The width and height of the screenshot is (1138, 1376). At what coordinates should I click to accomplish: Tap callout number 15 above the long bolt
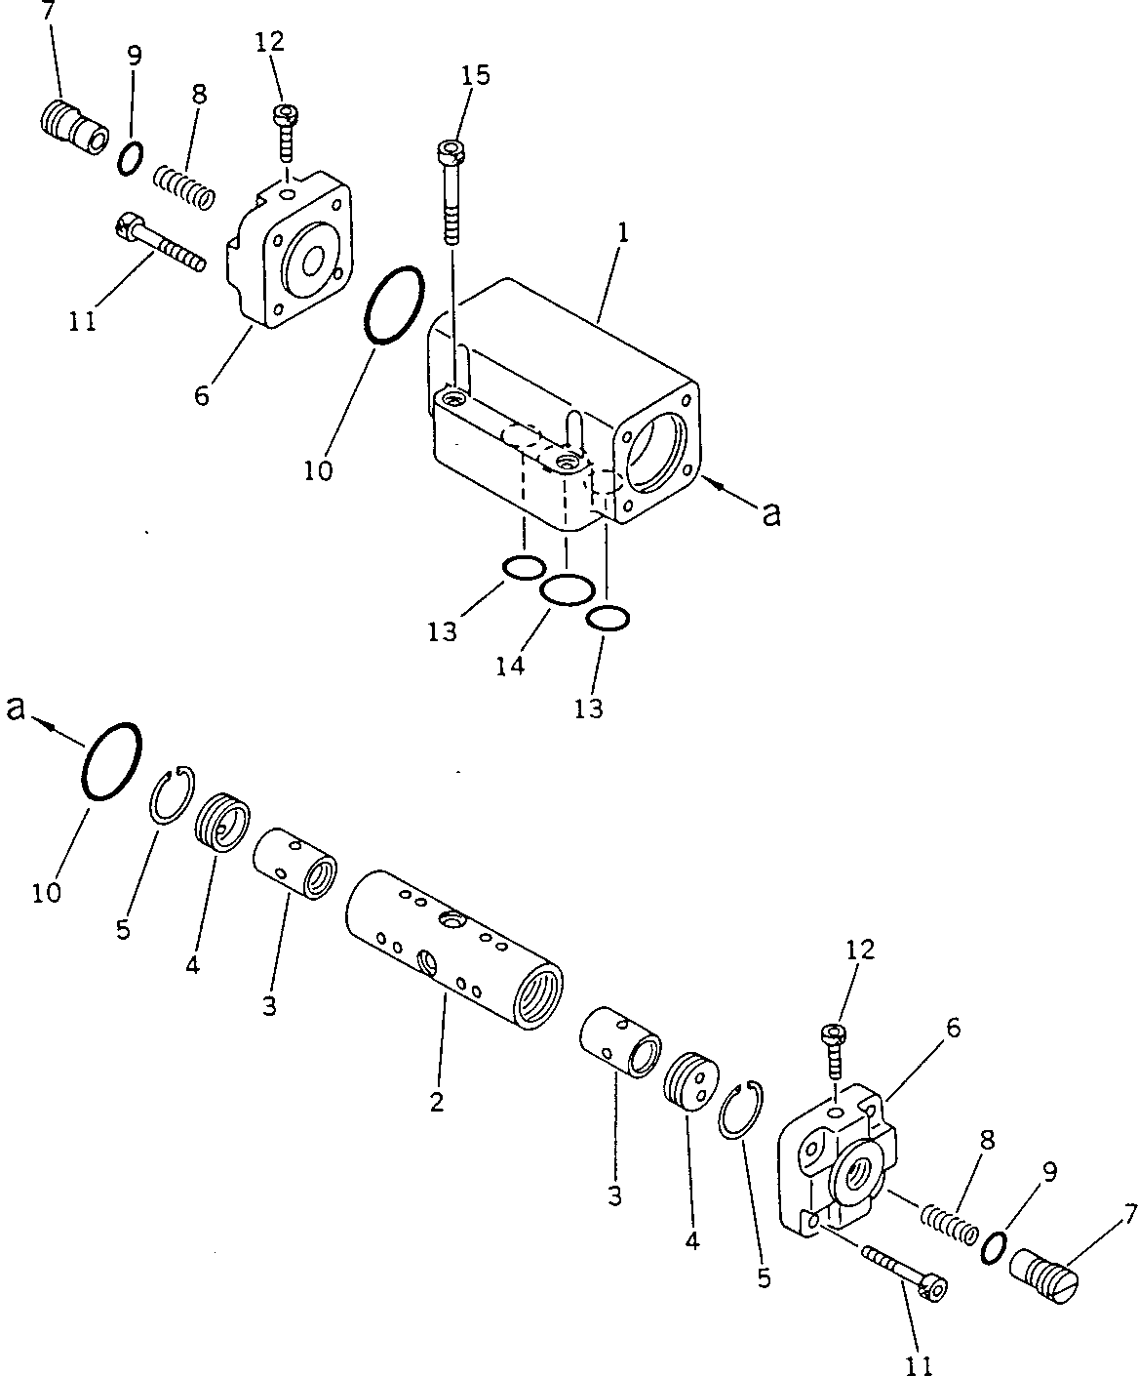pos(478,75)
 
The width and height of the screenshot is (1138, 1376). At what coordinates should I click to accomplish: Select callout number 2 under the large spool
pos(436,1103)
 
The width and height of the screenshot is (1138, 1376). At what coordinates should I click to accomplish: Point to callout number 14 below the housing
pos(510,666)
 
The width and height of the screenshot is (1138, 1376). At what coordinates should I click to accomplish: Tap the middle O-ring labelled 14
pos(567,589)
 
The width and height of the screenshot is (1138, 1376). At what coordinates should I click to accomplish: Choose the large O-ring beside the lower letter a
pos(112,762)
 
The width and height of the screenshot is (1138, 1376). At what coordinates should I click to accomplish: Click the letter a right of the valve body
pos(771,514)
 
